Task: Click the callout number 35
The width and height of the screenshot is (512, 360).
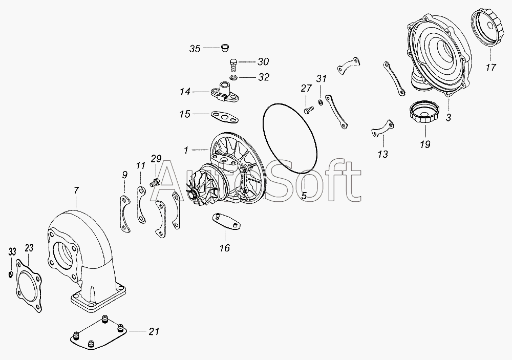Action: [x=195, y=49]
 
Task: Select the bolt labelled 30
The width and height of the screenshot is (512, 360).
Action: [x=233, y=65]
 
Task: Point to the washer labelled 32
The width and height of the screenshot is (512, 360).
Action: [x=233, y=78]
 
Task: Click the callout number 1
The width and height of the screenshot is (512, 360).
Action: [x=187, y=150]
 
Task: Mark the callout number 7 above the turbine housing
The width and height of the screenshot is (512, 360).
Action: [x=76, y=192]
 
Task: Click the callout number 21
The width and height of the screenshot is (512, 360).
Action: [x=154, y=331]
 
